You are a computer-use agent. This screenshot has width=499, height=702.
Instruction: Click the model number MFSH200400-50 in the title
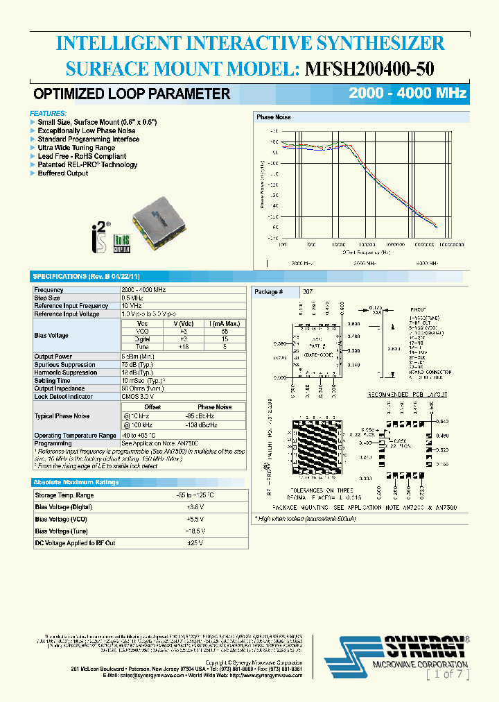point(370,69)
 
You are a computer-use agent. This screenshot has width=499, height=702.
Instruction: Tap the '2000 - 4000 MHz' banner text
point(408,94)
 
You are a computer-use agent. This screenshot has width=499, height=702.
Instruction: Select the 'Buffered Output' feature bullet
point(63,173)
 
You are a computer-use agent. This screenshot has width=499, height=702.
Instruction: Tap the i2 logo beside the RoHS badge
point(100,232)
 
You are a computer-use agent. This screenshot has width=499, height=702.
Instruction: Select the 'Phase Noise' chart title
point(274,117)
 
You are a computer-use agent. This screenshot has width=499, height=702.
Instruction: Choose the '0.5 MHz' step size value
point(134,298)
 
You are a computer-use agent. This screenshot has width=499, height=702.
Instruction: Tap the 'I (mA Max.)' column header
point(225,323)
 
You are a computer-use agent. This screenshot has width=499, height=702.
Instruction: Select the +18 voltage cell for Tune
point(183,347)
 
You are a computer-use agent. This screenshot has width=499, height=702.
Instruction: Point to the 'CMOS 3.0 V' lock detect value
point(139,397)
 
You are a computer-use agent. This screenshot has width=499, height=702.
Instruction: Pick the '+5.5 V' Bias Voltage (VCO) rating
point(195,519)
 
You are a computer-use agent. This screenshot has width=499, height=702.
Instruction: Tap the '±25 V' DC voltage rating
point(195,542)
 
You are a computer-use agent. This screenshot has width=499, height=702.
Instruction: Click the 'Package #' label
point(269,292)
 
